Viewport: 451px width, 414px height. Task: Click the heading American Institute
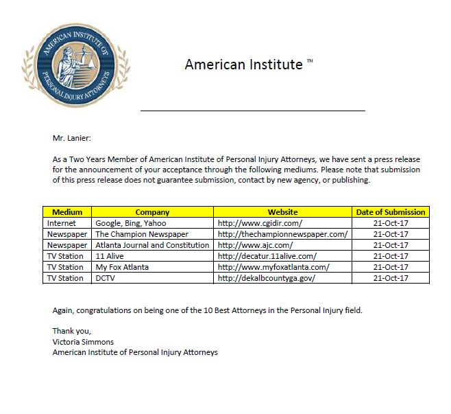pos(243,65)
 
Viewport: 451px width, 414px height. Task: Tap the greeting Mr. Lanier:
pos(71,138)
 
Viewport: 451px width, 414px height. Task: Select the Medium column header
pos(67,212)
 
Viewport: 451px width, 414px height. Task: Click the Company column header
pos(152,212)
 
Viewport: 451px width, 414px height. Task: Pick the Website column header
pos(282,212)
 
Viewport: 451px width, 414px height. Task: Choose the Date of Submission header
pos(391,212)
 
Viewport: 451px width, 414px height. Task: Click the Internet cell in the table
pos(62,223)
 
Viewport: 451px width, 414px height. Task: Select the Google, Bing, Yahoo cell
pos(130,223)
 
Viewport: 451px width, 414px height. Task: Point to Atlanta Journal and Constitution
pos(152,245)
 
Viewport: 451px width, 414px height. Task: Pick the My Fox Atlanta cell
pos(122,267)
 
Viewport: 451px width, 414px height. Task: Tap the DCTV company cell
pos(106,278)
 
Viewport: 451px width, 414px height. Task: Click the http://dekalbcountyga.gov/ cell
pos(266,278)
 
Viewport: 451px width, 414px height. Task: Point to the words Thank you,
pos(71,331)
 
